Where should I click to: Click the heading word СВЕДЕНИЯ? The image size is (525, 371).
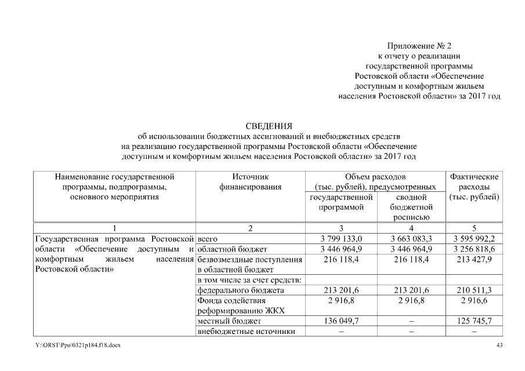(x=270, y=126)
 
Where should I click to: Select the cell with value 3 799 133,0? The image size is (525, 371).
(x=341, y=239)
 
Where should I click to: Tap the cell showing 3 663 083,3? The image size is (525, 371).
(x=411, y=239)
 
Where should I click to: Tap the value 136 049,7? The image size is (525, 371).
(x=341, y=321)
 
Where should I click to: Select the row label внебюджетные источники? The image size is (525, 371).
(x=243, y=332)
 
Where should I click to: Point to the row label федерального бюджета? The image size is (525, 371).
(x=241, y=290)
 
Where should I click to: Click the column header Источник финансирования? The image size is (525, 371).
(x=250, y=181)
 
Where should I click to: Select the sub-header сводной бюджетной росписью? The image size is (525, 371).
(x=411, y=207)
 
